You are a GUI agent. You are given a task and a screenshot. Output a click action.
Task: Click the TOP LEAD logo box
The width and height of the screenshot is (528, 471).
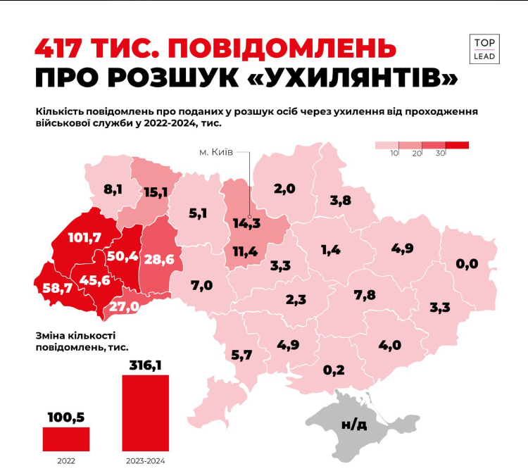pyautogui.click(x=484, y=48)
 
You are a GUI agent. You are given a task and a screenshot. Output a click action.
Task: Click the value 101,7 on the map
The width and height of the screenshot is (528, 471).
pyautogui.click(x=85, y=237)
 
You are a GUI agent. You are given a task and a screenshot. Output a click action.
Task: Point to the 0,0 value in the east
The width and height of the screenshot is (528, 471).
pyautogui.click(x=467, y=264)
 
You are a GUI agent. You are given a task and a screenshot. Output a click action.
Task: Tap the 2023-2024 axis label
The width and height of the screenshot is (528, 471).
pyautogui.click(x=146, y=461)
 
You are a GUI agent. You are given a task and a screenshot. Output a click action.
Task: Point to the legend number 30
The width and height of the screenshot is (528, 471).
pyautogui.click(x=441, y=153)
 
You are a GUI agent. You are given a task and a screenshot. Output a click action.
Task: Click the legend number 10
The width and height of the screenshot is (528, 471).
pyautogui.click(x=394, y=153)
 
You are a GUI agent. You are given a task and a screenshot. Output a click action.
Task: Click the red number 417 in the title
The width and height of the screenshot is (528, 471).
pyautogui.click(x=63, y=49)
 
